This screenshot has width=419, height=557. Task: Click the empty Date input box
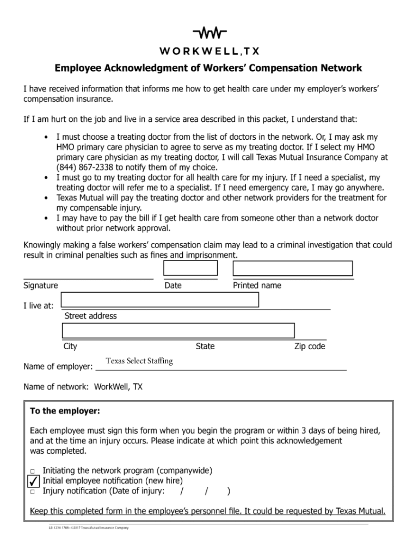click(x=190, y=269)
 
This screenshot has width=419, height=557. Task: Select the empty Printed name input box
click(x=293, y=269)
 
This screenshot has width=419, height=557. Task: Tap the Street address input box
click(x=160, y=300)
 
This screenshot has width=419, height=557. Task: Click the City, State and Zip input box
click(x=178, y=331)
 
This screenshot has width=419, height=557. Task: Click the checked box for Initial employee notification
click(x=33, y=481)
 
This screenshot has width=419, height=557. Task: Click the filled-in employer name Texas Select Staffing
click(x=139, y=361)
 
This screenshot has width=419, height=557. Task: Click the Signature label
click(x=40, y=286)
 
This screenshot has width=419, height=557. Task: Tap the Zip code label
click(x=310, y=346)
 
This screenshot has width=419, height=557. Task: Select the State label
click(x=205, y=346)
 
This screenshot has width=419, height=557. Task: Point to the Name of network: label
click(x=56, y=387)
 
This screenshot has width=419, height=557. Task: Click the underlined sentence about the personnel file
click(x=207, y=511)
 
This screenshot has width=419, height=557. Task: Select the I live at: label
click(x=38, y=306)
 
